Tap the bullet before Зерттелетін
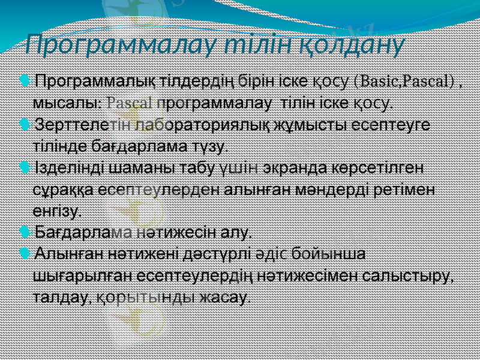pyautogui.click(x=23, y=125)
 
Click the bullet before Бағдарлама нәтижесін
pyautogui.click(x=23, y=231)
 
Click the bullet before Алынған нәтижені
pyautogui.click(x=23, y=253)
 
